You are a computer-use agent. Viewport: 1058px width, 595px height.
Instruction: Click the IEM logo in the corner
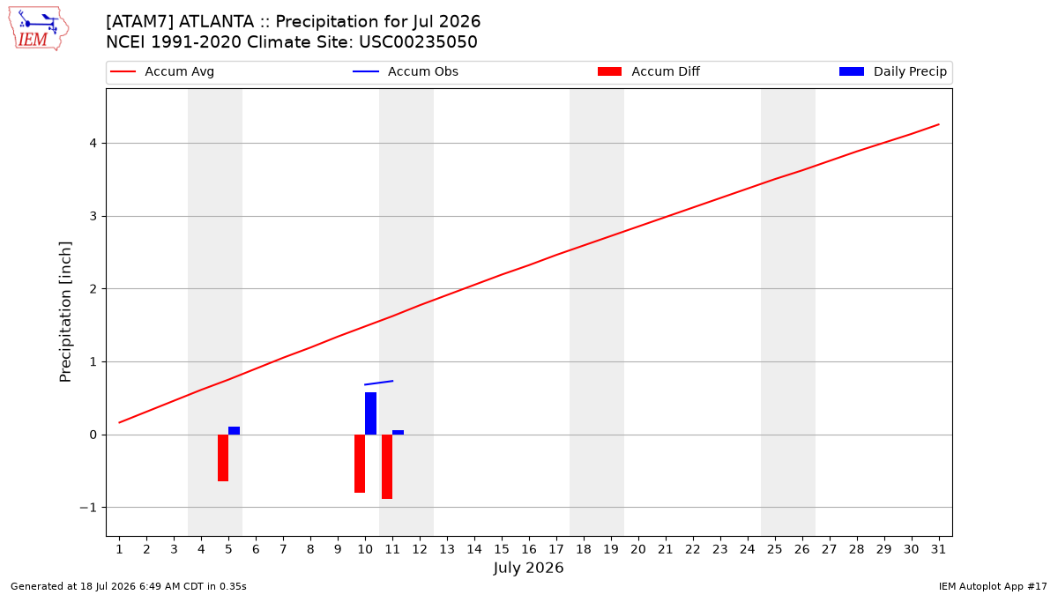click(x=39, y=29)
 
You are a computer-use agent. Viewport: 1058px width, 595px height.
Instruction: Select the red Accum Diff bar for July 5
click(x=223, y=457)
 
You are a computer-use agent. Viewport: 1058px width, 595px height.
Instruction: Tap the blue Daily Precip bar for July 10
click(x=371, y=413)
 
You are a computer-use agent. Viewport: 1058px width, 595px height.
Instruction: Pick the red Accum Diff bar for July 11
click(x=387, y=466)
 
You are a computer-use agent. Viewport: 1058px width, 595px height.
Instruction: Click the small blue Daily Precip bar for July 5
click(x=235, y=431)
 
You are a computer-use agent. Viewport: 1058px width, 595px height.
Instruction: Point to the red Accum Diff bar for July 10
click(x=360, y=464)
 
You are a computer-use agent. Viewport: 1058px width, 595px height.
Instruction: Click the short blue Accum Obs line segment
click(x=379, y=383)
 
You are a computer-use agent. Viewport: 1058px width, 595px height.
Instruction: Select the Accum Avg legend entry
click(x=162, y=71)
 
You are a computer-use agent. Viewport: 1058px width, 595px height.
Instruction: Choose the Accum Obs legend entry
click(x=406, y=71)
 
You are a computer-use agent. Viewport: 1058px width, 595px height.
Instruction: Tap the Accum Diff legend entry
click(x=649, y=71)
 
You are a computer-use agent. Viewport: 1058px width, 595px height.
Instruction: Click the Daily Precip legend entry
click(x=892, y=71)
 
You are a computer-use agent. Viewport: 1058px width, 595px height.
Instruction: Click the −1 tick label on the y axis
click(x=88, y=508)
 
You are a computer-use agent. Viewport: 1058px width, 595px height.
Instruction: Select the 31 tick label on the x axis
click(x=938, y=549)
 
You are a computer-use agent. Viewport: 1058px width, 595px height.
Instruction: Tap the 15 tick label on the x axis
click(x=502, y=549)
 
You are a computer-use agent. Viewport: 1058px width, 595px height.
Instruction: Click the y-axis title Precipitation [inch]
click(x=65, y=312)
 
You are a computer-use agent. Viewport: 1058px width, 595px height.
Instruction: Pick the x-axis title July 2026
click(x=528, y=568)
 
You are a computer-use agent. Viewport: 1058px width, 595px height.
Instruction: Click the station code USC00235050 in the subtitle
click(x=418, y=42)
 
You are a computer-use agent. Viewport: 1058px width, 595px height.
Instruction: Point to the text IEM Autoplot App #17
click(x=993, y=586)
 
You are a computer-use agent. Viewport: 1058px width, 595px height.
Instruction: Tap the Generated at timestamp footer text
click(x=129, y=586)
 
